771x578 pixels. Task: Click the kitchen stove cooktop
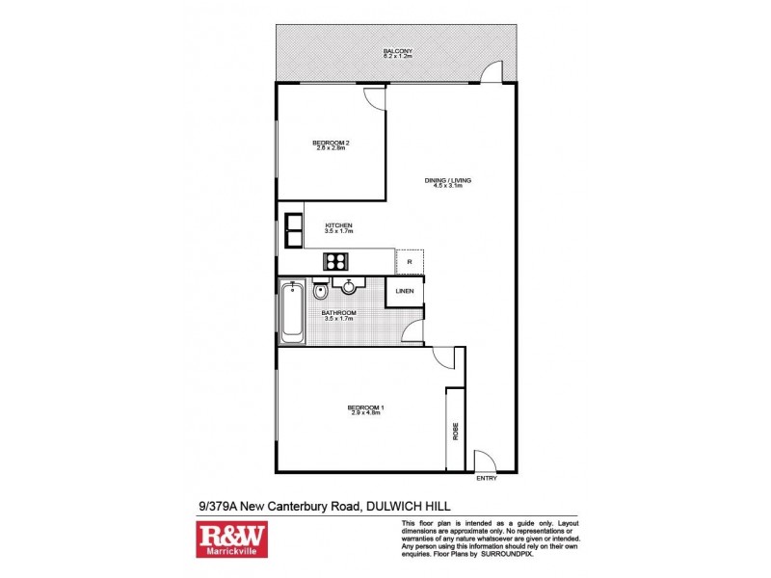point(336,260)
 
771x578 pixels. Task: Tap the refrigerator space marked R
point(410,261)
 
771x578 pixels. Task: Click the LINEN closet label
point(405,291)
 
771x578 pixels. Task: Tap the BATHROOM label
point(339,315)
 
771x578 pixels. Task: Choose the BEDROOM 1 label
point(366,409)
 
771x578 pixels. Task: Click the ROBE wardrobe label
point(455,431)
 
